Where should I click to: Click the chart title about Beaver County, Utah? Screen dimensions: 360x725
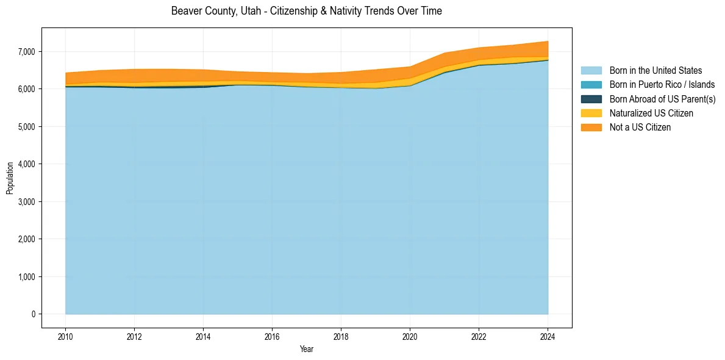(306, 11)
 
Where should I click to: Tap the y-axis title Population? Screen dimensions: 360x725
(10, 178)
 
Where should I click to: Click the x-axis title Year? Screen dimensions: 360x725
(307, 349)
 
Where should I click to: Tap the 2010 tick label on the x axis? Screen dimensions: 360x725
(65, 336)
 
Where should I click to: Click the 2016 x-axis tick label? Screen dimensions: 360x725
(272, 336)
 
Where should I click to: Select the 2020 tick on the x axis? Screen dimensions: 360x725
(410, 336)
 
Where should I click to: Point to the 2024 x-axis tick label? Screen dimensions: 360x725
(548, 336)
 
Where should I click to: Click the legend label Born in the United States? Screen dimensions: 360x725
(655, 71)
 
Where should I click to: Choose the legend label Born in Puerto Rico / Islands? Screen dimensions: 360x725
(662, 85)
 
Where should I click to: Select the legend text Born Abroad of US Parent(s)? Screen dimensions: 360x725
(662, 99)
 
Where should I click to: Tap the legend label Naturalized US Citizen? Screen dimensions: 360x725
(651, 113)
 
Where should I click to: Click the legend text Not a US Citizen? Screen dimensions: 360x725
(640, 128)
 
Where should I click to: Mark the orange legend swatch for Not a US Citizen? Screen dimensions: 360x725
(591, 128)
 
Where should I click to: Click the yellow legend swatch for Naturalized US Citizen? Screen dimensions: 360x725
(591, 113)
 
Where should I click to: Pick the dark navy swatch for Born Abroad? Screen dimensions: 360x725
(591, 99)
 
